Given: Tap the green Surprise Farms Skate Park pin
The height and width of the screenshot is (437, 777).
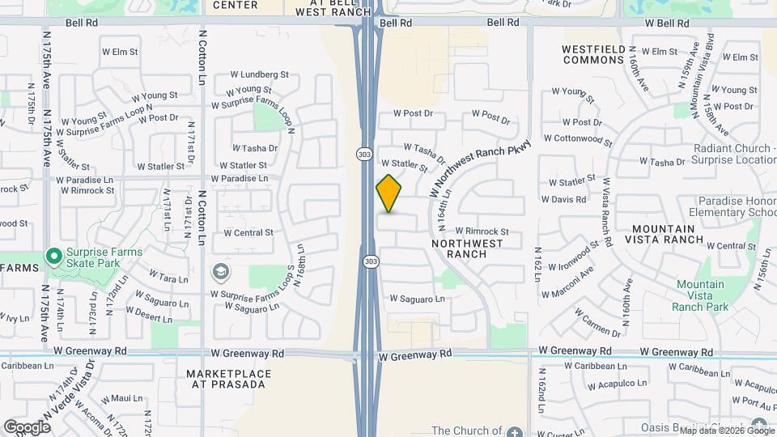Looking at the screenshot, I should [x=54, y=257].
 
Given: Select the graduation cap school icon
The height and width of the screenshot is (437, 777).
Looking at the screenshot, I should [x=219, y=271].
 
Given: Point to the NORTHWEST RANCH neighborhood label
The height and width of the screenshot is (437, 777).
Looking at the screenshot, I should [x=470, y=248].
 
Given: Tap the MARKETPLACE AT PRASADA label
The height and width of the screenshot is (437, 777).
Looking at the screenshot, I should [x=226, y=379].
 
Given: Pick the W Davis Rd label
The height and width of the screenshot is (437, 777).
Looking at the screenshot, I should [x=563, y=199].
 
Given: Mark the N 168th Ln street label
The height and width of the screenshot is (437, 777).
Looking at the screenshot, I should [x=299, y=267].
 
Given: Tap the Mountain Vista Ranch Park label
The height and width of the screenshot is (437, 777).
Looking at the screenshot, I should [x=700, y=295].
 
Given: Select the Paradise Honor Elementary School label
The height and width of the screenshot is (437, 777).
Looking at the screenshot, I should [x=732, y=206].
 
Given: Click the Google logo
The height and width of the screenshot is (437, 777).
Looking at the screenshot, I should [x=28, y=426].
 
